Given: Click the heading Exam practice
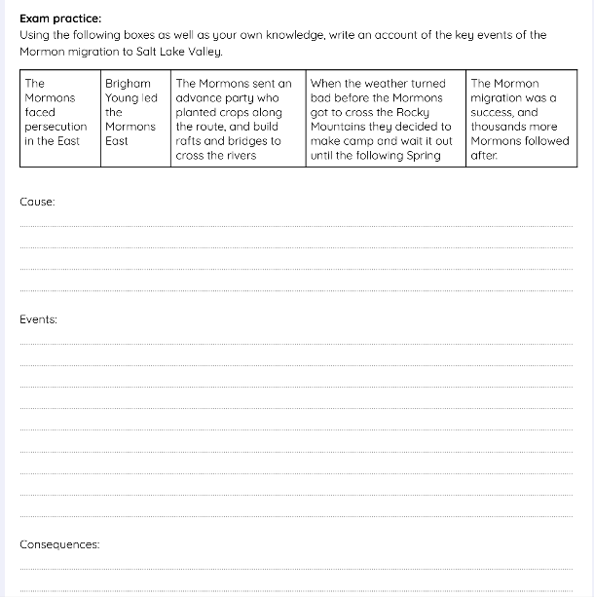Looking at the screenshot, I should coord(60,19).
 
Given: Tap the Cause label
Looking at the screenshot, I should coord(37,202).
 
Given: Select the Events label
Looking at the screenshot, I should coord(39,319).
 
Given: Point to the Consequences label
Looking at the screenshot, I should coord(59,544).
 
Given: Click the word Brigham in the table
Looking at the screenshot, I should coord(128,84).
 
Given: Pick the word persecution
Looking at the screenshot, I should coord(56,127).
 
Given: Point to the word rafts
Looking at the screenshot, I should coord(189,141).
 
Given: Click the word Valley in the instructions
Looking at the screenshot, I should coord(200,51).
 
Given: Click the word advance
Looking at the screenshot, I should coord(200,98).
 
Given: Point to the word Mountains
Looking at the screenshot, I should coord(342,127).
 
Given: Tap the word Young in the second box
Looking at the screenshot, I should coord(123,98).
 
